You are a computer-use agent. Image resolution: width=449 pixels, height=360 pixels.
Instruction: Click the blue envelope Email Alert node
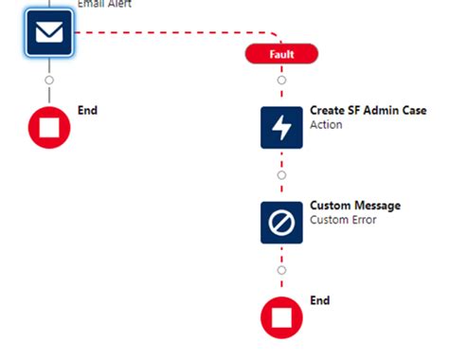49,35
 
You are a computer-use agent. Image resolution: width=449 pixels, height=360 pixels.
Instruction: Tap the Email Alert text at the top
104,4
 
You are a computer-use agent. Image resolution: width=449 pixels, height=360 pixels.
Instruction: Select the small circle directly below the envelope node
49,80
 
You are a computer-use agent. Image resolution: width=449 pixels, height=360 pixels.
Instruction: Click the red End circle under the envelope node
49,128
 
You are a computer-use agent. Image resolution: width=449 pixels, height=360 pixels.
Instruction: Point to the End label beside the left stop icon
87,110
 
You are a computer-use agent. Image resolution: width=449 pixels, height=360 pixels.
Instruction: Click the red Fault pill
281,54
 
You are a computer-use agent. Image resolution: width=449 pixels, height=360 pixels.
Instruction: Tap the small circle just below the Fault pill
281,80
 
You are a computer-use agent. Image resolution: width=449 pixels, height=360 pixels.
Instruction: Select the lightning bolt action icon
281,127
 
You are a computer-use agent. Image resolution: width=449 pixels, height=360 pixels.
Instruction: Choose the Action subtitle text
326,125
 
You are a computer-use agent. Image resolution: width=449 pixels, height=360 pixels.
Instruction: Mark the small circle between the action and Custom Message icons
281,174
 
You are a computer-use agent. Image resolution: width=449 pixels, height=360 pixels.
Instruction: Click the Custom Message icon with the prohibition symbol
281,223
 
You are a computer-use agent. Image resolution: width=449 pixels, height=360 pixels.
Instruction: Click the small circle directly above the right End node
281,270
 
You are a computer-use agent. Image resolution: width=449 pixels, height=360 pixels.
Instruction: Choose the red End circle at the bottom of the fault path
281,317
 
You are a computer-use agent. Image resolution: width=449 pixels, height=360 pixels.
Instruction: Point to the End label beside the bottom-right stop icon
320,300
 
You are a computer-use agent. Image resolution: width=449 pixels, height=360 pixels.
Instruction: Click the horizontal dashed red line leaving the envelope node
161,32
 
